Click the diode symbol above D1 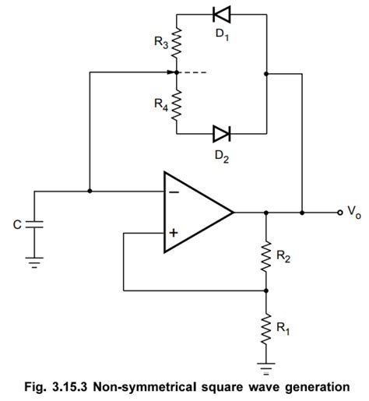(x=220, y=15)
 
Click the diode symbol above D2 (x=220, y=134)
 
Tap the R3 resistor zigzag (x=177, y=44)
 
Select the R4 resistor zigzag (x=177, y=104)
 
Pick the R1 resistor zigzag (x=266, y=327)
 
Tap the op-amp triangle (x=195, y=212)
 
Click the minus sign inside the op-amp (x=172, y=192)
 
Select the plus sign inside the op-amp (x=172, y=232)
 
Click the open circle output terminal (x=338, y=212)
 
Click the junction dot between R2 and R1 (x=266, y=290)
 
